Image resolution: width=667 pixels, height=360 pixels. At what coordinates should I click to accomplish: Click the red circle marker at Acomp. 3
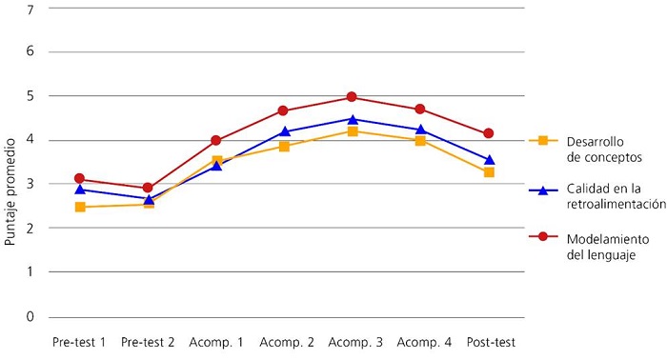click(x=352, y=97)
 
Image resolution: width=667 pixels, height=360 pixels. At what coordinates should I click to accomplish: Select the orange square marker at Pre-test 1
click(x=80, y=207)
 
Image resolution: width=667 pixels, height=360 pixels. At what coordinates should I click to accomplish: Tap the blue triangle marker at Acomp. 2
click(x=284, y=131)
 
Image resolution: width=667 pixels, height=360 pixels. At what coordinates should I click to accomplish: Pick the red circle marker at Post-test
click(x=489, y=133)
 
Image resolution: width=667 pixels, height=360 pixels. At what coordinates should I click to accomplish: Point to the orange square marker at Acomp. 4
click(x=420, y=141)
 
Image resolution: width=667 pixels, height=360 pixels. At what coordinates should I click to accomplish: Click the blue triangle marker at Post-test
click(x=489, y=160)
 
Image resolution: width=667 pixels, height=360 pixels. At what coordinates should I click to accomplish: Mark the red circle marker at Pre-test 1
click(x=80, y=179)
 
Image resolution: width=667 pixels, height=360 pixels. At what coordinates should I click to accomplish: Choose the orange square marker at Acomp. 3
click(x=352, y=131)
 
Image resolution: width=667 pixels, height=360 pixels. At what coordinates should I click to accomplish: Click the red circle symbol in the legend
click(x=542, y=239)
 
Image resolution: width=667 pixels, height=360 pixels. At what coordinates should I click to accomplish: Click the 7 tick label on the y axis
click(x=30, y=10)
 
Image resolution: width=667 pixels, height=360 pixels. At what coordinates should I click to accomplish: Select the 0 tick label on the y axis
click(x=30, y=316)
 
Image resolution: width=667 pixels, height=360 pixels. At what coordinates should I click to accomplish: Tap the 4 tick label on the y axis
click(x=30, y=141)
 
